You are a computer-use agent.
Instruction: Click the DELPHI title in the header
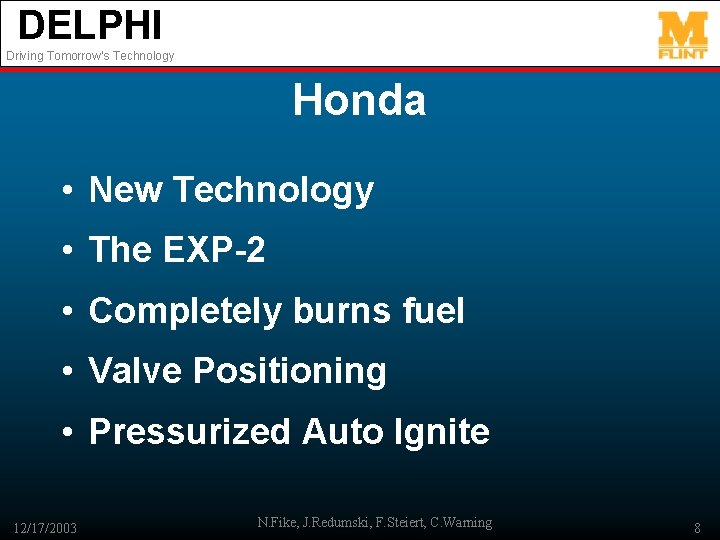click(x=89, y=25)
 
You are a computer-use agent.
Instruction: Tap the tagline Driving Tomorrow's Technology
click(x=90, y=56)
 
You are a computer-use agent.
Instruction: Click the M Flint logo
click(x=682, y=35)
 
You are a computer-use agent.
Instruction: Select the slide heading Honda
click(x=359, y=100)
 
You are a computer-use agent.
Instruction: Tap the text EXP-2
click(x=212, y=250)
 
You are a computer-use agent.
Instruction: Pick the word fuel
click(x=433, y=311)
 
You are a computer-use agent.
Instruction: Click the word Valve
click(x=136, y=371)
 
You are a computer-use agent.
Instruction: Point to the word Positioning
click(x=290, y=371)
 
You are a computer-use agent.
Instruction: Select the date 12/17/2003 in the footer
click(x=45, y=527)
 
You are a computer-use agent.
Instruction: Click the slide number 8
click(x=696, y=527)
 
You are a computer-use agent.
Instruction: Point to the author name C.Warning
click(x=460, y=522)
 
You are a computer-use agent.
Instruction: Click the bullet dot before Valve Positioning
click(x=66, y=372)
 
